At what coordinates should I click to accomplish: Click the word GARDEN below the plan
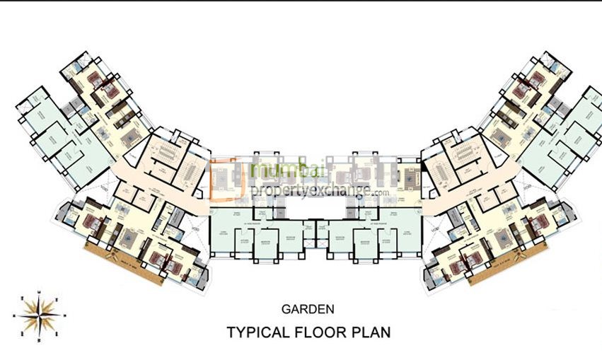pyautogui.click(x=308, y=308)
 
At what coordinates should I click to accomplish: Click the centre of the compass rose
pyautogui.click(x=39, y=313)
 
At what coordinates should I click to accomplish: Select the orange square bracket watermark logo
pyautogui.click(x=228, y=180)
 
